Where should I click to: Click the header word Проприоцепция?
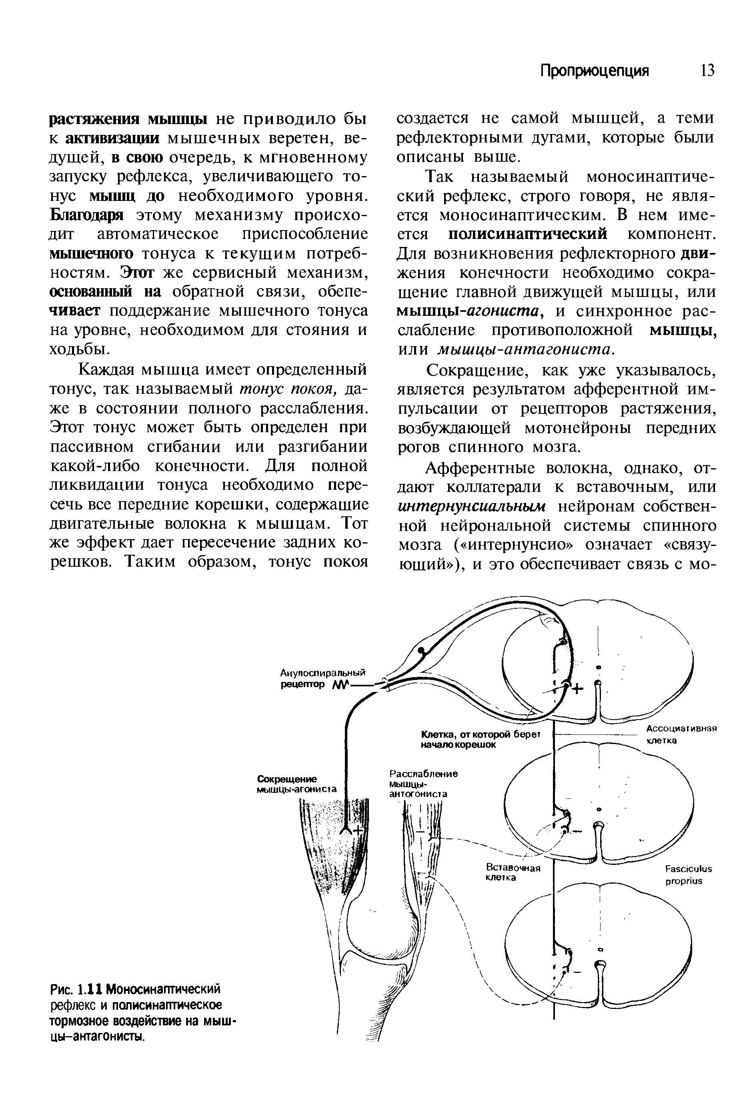594,71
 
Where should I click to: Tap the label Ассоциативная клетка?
682,734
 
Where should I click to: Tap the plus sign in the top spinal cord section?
577,689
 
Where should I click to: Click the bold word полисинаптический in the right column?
528,234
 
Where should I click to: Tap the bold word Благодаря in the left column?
86,215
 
